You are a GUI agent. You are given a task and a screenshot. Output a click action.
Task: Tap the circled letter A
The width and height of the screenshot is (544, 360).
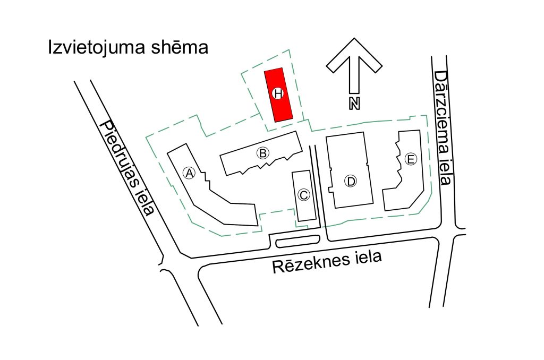click(188, 172)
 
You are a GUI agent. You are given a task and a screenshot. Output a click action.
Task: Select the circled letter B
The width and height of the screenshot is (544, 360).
click(262, 153)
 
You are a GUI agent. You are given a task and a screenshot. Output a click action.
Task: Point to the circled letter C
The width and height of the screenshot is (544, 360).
click(303, 195)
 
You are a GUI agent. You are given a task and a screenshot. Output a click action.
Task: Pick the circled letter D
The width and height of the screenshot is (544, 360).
click(351, 181)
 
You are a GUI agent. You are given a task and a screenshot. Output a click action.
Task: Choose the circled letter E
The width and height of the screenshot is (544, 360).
click(410, 159)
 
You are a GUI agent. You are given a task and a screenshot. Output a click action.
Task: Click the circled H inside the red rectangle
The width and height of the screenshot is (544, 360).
click(277, 93)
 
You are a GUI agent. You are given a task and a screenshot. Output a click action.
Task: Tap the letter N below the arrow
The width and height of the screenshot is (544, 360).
click(354, 103)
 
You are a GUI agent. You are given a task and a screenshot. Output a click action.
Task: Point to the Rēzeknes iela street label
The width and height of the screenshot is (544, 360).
click(328, 261)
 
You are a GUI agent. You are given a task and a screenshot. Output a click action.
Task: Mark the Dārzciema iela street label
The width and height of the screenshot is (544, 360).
click(442, 127)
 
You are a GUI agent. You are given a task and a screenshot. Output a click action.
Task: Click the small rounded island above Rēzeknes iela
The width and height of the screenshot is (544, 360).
click(297, 242)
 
